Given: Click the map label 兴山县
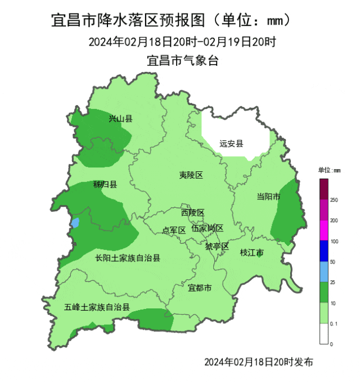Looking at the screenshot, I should click(x=120, y=119).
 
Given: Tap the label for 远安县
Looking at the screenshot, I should click(x=232, y=144).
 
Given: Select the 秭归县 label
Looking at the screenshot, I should click(x=105, y=184).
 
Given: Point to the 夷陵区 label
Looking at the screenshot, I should click(x=191, y=175).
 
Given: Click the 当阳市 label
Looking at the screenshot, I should click(x=268, y=196).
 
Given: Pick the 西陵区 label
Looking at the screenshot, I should click(x=192, y=212).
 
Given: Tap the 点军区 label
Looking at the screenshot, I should click(x=174, y=230).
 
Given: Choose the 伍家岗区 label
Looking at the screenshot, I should click(x=207, y=228).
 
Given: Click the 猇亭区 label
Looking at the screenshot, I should click(x=217, y=247).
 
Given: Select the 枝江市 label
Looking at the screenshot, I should click(x=251, y=253).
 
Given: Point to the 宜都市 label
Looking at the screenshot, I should click(x=200, y=288).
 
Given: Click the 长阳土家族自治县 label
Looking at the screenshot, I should click(x=128, y=258).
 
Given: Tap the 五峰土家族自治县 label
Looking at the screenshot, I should click(x=97, y=307).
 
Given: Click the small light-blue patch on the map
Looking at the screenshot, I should click(x=75, y=222).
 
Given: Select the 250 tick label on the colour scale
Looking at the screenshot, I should click(x=334, y=200).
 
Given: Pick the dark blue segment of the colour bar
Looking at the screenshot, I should click(x=324, y=251).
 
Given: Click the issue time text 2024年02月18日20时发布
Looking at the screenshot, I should click(x=259, y=361).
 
